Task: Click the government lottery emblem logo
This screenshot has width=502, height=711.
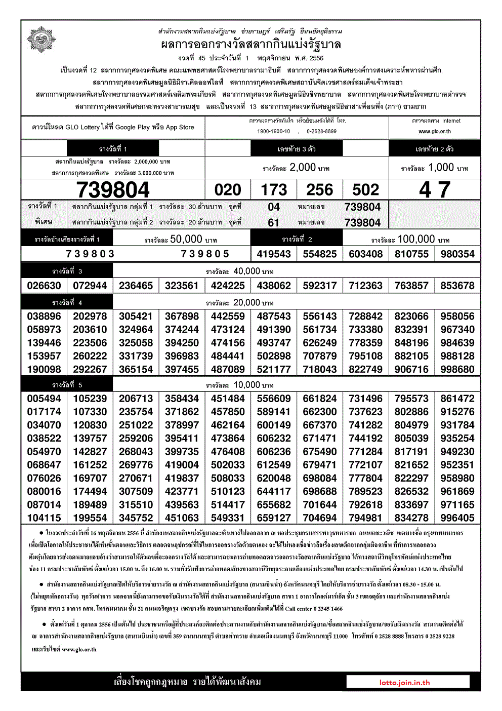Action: point(41,40)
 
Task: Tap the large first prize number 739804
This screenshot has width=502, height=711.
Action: point(113,190)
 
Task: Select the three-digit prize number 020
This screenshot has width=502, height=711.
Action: point(228,190)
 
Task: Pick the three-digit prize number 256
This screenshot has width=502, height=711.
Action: point(320,190)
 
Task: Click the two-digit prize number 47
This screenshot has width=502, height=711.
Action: point(434,190)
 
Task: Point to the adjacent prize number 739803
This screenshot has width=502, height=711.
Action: point(90,254)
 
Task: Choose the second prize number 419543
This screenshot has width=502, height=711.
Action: point(274,254)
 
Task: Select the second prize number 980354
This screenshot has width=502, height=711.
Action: point(457,254)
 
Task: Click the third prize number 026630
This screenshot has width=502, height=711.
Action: point(44,286)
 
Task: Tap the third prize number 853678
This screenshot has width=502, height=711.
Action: point(457,286)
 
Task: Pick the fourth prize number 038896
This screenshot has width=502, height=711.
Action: point(44,316)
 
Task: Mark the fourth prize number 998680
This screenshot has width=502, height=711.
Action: point(457,369)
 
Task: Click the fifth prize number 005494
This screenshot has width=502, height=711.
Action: point(44,399)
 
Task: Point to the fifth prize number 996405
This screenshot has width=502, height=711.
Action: point(457,518)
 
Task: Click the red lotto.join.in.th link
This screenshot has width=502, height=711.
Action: point(405,682)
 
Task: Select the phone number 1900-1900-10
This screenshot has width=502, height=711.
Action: point(274,131)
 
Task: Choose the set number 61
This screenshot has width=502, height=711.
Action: point(274,223)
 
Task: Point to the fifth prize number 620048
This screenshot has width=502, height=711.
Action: point(274,478)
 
